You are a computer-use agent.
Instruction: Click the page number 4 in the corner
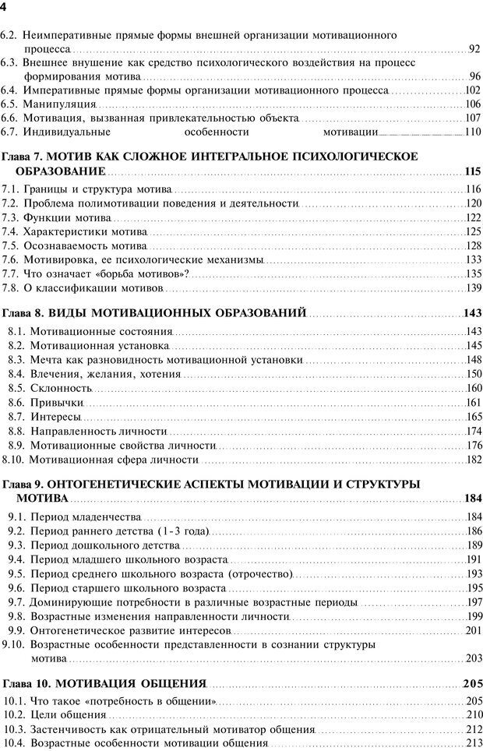(x=4, y=7)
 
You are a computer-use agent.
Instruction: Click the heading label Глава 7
(x=24, y=157)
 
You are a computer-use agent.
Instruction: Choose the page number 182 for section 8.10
(x=473, y=460)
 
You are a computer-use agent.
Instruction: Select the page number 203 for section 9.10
(x=473, y=659)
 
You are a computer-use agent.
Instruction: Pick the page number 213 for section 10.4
(x=473, y=743)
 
